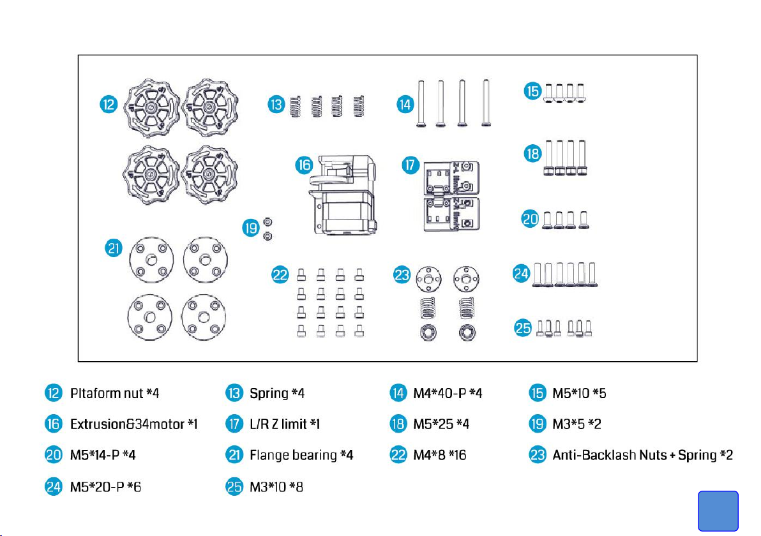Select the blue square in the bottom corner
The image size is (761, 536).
(x=718, y=510)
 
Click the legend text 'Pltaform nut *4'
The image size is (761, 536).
(x=114, y=393)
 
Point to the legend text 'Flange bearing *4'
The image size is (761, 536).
(x=301, y=455)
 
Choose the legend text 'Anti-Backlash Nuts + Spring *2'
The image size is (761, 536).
(x=642, y=455)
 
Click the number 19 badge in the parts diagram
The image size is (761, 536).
(x=251, y=227)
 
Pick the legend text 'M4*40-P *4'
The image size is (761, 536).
(x=446, y=393)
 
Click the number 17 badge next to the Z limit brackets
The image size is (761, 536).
(x=410, y=165)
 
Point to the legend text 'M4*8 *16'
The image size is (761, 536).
(x=440, y=455)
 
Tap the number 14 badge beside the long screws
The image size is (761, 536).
(x=404, y=105)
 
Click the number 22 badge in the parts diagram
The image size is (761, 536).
(x=280, y=275)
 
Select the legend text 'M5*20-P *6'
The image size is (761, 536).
(x=105, y=487)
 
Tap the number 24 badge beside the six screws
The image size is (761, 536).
(x=522, y=274)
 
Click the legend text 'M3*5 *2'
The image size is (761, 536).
(x=578, y=424)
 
